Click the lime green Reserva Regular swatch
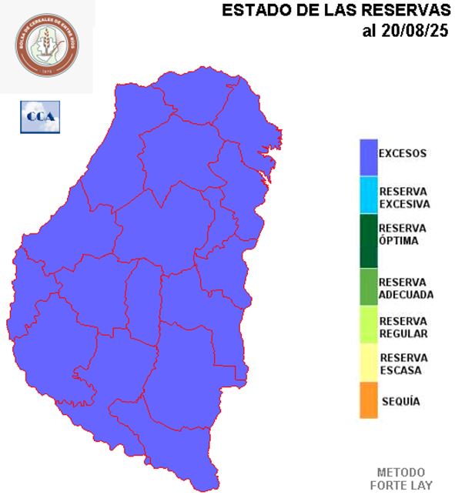pyautogui.click(x=368, y=325)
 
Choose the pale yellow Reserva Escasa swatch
pyautogui.click(x=368, y=363)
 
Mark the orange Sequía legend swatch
pyautogui.click(x=368, y=401)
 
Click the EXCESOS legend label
pyautogui.click(x=402, y=153)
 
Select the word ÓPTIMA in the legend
pyautogui.click(x=399, y=241)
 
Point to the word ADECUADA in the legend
pyautogui.click(x=406, y=294)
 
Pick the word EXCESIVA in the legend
pyautogui.click(x=404, y=204)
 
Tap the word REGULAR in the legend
pyautogui.click(x=403, y=334)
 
